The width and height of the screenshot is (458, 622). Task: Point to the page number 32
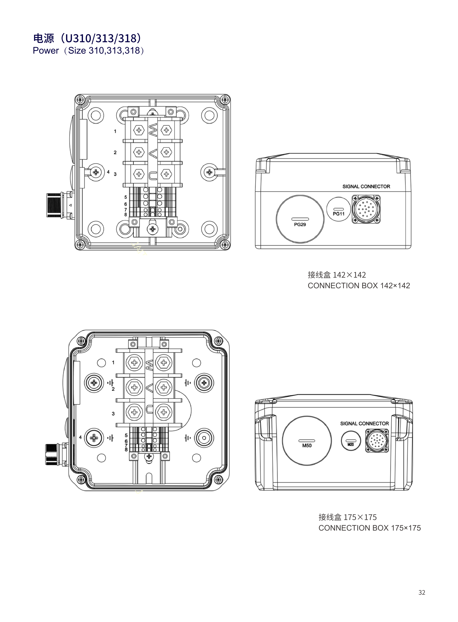[421, 592]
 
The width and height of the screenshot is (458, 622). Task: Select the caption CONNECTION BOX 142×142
[359, 285]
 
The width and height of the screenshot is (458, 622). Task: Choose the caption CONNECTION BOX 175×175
[369, 528]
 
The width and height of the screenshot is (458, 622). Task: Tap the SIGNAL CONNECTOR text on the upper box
[366, 186]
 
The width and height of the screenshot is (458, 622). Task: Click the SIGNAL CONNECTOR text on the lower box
[364, 423]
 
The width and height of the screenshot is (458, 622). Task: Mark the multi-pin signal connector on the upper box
[366, 209]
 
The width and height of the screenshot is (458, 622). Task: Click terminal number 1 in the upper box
[115, 131]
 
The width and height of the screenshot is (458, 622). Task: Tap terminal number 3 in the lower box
[113, 414]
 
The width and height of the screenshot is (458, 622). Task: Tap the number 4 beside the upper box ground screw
[108, 172]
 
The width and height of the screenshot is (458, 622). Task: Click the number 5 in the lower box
[126, 435]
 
